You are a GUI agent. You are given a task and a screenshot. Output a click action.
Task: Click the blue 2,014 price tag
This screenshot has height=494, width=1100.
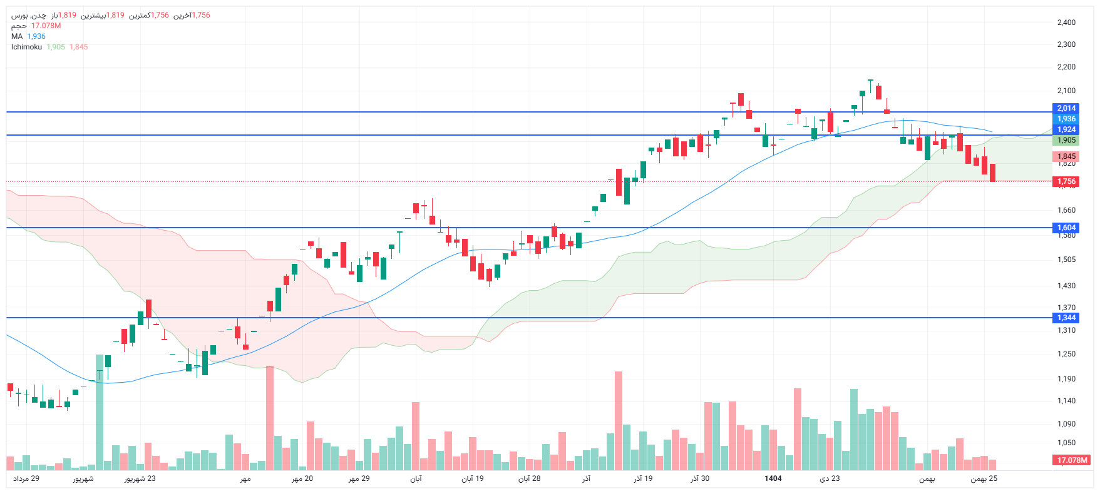tap(1066, 108)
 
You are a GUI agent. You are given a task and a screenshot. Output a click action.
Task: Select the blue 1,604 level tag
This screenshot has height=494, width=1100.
tap(1066, 228)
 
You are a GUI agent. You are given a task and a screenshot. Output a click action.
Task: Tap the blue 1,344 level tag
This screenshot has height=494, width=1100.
tap(1066, 318)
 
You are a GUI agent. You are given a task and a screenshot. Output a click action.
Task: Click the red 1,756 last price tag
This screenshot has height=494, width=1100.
tap(1066, 181)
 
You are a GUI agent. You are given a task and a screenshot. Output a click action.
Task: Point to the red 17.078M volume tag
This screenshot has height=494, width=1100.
tap(1072, 460)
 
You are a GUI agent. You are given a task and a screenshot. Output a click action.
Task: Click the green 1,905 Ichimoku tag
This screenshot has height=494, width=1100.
tap(1066, 140)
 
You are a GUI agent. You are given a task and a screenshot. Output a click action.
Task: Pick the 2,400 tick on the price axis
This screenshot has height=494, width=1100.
tap(1066, 23)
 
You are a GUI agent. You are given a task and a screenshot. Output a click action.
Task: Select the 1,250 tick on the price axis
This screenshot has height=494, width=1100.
tap(1066, 354)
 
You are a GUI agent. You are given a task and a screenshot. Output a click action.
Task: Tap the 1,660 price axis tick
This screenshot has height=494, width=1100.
tap(1066, 210)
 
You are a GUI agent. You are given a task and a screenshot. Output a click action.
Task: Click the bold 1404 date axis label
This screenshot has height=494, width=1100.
tap(773, 478)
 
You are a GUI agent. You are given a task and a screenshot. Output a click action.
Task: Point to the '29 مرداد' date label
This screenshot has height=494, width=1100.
tap(26, 478)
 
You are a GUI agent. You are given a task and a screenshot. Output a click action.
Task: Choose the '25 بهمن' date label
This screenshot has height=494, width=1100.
tap(984, 478)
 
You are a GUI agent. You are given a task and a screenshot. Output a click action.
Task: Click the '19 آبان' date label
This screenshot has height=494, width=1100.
tap(473, 478)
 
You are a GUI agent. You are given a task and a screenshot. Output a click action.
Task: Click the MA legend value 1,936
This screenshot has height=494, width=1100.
tap(36, 36)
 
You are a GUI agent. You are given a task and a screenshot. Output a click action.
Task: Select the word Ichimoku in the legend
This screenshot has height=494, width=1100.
tap(26, 47)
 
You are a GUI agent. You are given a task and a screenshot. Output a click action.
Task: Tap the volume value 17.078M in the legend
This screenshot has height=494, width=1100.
tap(46, 26)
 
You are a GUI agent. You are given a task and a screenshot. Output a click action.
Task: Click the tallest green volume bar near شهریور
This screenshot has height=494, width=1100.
tap(100, 413)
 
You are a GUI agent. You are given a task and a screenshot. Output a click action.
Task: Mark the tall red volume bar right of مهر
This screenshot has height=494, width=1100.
tap(270, 418)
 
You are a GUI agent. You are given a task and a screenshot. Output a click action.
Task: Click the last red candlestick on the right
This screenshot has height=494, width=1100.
tap(992, 173)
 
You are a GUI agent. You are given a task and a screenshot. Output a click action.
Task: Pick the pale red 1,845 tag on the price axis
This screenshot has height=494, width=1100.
tap(1066, 156)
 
